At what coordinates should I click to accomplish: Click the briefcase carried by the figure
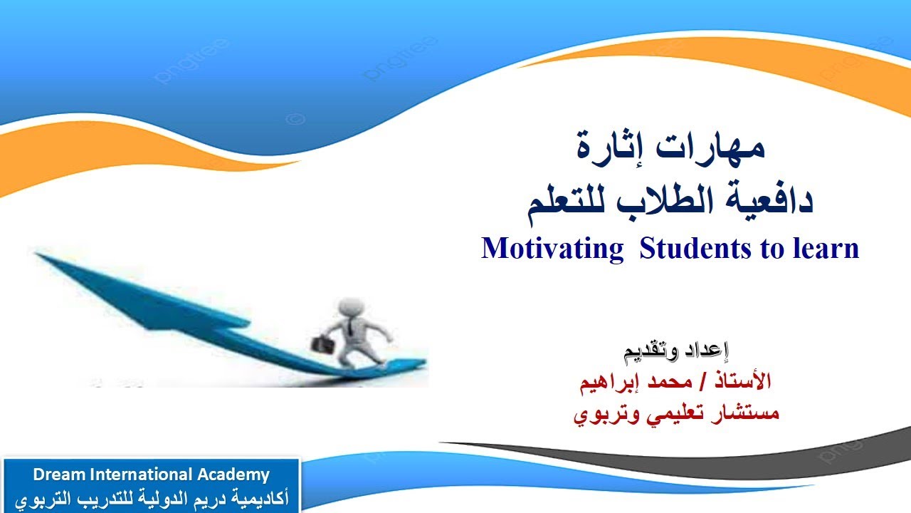tap(320, 342)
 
